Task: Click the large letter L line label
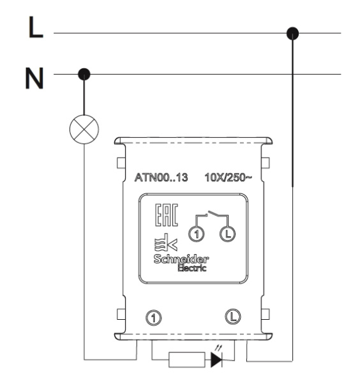tap(36, 27)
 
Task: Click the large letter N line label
tap(34, 78)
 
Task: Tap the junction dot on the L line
tap(292, 33)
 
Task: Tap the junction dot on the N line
tap(84, 74)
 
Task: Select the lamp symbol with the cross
tap(84, 129)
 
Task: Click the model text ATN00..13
tap(161, 177)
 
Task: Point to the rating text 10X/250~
tap(228, 177)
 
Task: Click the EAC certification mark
tap(167, 215)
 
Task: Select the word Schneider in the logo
tap(181, 259)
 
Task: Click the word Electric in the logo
tap(192, 267)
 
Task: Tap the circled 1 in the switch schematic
tap(197, 234)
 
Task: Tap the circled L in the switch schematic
tap(228, 234)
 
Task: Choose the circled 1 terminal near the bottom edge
tap(153, 318)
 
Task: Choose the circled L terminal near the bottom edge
tap(233, 317)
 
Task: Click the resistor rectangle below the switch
tap(187, 359)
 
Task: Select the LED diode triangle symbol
tap(216, 359)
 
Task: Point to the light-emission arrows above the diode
tap(218, 347)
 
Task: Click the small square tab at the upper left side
tap(121, 163)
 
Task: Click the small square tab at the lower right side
tap(266, 314)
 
